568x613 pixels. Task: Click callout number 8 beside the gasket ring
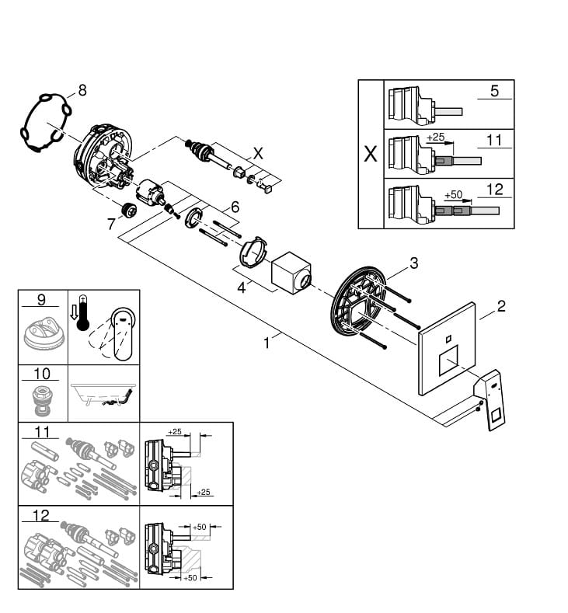point(82,90)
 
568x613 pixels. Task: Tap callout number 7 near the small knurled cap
point(111,224)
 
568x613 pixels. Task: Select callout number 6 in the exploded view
point(235,207)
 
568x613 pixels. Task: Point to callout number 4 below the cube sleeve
point(242,288)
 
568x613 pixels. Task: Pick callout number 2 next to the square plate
point(501,305)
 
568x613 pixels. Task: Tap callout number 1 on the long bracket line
point(267,343)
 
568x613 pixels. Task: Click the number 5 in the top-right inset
point(494,91)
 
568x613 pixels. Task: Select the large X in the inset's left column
point(371,154)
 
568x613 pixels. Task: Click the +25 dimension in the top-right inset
point(435,137)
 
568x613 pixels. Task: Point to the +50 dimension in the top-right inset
point(454,194)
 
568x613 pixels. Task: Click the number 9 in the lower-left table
point(41,300)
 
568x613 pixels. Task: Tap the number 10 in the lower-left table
point(41,374)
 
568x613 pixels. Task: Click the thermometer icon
point(83,313)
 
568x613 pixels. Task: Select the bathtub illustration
point(103,395)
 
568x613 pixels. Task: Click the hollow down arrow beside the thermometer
point(74,314)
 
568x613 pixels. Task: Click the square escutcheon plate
point(448,349)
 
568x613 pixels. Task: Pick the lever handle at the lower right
point(490,399)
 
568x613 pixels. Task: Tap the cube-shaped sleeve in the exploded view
point(291,273)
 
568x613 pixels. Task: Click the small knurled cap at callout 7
point(128,210)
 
